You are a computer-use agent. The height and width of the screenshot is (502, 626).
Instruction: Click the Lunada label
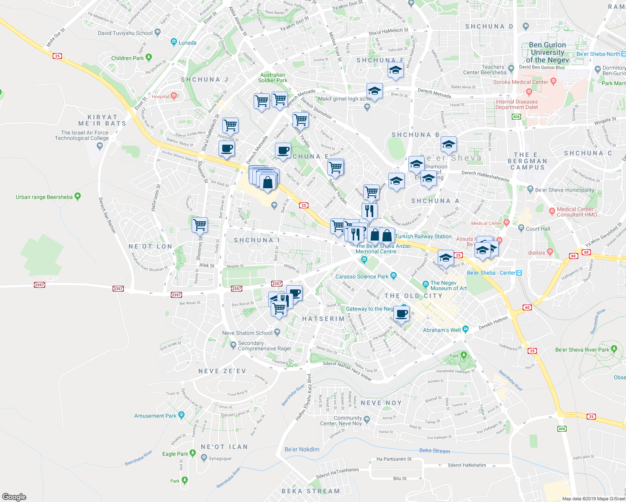[x=187, y=43]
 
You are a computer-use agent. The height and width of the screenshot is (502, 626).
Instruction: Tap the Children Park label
[x=127, y=58]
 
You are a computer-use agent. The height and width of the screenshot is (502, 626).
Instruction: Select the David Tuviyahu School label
[x=125, y=33]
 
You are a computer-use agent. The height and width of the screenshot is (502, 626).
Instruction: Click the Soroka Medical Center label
[x=520, y=82]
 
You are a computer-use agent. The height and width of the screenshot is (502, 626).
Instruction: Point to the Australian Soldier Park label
[x=272, y=78]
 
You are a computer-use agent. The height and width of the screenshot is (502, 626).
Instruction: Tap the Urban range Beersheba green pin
[x=77, y=196]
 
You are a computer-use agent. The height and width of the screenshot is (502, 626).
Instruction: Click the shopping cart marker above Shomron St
[x=200, y=225]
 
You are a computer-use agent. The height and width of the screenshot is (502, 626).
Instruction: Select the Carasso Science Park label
[x=362, y=277]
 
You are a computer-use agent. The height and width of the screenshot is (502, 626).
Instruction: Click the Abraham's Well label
[x=441, y=330]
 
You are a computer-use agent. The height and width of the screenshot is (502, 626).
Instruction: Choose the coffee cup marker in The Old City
[x=402, y=313]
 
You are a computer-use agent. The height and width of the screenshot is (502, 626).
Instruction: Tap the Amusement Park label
[x=155, y=416]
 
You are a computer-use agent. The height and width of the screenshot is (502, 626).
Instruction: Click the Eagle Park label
[x=175, y=454]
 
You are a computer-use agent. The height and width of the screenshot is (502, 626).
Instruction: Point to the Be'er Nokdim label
[x=302, y=449]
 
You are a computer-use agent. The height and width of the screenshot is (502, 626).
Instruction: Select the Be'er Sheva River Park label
[x=582, y=350]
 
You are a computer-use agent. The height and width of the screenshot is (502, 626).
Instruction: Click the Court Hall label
[x=538, y=229]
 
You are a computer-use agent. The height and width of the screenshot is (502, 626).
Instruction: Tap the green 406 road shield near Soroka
[x=516, y=117]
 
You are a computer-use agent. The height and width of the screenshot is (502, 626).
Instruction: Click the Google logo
[x=14, y=497]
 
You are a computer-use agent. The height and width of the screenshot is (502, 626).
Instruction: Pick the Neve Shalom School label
[x=247, y=333]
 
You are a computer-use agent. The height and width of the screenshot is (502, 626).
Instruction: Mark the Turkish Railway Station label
[x=423, y=236]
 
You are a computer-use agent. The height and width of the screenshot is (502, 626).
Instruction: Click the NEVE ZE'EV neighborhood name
[x=222, y=371]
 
